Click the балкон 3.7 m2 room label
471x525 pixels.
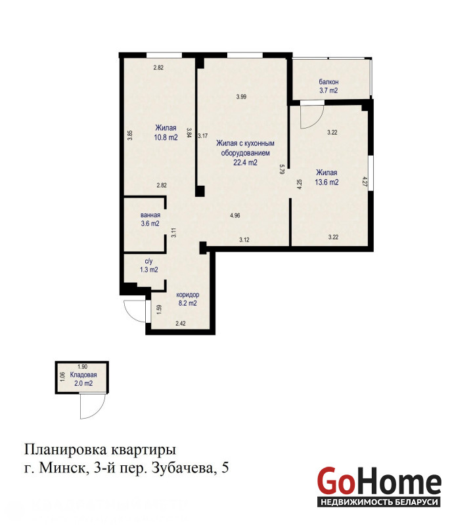pos(328,86)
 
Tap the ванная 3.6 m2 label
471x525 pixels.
pos(150,219)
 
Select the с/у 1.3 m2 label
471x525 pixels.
pos(149,266)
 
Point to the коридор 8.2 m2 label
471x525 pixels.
pos(187,299)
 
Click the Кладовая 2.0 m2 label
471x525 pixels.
pos(83,379)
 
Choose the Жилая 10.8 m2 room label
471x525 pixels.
pos(166,133)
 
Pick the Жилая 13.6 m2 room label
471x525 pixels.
pos(326,177)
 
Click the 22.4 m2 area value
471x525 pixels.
pos(245,163)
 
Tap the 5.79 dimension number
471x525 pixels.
pos(282,169)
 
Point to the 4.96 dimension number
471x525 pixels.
pos(235,216)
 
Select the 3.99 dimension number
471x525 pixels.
pos(241,96)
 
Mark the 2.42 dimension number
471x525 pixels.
pos(181,324)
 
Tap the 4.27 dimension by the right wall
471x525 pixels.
pos(365,181)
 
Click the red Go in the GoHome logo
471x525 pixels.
pos(336,481)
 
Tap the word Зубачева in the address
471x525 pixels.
pos(182,468)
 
